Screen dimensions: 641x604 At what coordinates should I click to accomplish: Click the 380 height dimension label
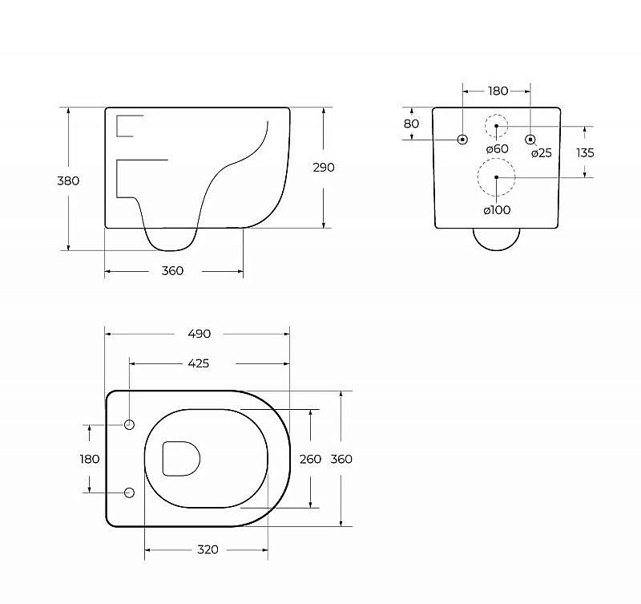point(68,180)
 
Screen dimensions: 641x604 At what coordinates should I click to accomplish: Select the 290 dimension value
point(324,168)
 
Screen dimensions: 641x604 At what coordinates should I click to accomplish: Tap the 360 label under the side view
point(172,271)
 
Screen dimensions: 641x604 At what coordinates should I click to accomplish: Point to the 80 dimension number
point(411,124)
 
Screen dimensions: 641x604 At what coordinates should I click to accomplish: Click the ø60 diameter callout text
point(497,149)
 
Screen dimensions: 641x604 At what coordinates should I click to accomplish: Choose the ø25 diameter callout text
point(542,153)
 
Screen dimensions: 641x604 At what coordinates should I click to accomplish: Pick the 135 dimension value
point(585,153)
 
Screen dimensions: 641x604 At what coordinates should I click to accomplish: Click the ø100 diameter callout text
point(497,210)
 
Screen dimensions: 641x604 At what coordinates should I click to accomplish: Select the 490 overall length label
point(199,334)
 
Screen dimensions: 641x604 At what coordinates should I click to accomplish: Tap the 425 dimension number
point(198,363)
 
